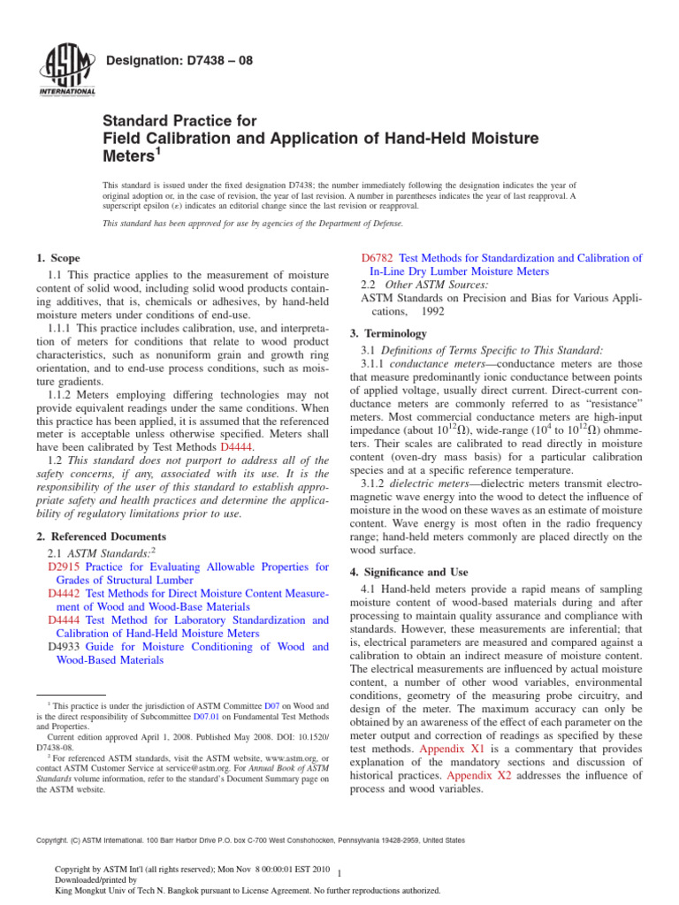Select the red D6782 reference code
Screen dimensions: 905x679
[378, 258]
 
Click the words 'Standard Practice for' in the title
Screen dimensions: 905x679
[180, 120]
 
